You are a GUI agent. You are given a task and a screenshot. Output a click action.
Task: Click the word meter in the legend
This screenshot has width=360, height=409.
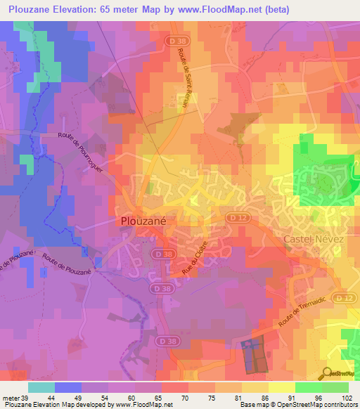click(x=12, y=398)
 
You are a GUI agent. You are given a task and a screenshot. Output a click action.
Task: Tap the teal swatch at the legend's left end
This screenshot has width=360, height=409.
click(x=41, y=387)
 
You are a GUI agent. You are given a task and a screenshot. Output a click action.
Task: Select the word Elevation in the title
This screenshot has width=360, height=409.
click(x=85, y=10)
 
